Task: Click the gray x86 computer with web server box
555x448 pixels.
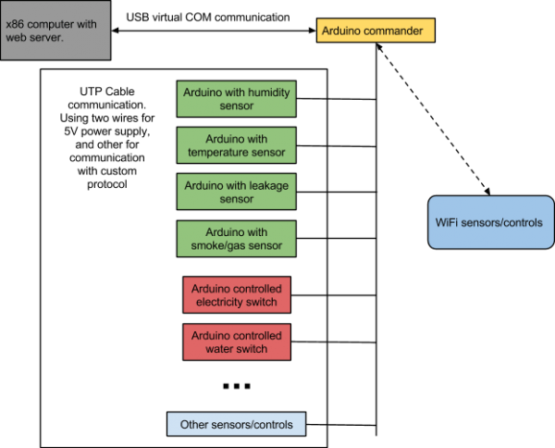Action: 55,31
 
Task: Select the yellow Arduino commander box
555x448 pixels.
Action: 376,31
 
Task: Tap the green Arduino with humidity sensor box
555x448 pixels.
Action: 236,99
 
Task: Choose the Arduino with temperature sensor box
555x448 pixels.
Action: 236,145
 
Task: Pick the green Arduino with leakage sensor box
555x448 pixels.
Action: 236,192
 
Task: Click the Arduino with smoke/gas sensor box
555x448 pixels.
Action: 236,239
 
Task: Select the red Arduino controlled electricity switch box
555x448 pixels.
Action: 236,295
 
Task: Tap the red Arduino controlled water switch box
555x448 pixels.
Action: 236,342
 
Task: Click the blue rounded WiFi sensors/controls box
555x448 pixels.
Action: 489,222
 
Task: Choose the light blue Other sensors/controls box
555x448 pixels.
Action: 236,425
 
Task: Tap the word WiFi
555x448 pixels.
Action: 449,222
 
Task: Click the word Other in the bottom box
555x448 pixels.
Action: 194,425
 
